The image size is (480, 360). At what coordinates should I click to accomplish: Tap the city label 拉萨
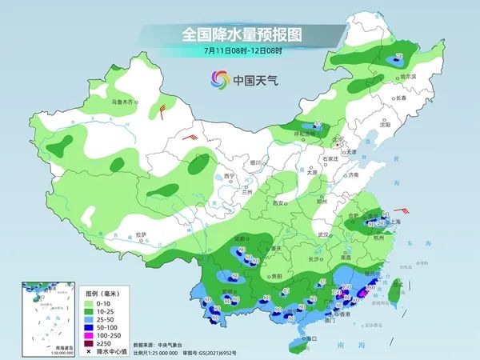pyautogui.click(x=142, y=234)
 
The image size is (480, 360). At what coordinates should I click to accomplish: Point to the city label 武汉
pyautogui.click(x=323, y=234)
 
